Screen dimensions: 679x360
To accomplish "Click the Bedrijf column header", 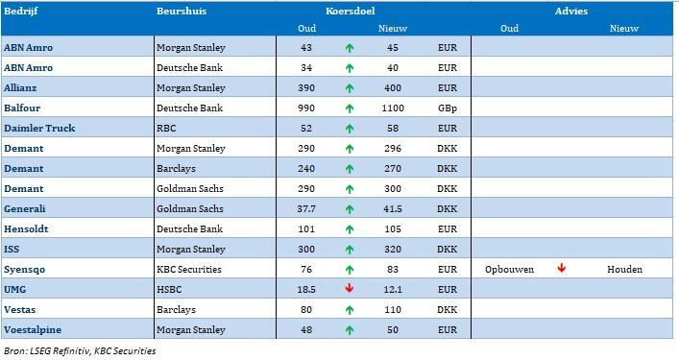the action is tap(21, 11).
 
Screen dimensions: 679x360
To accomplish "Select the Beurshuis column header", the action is tap(182, 11).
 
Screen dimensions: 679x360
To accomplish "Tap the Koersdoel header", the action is tap(351, 11).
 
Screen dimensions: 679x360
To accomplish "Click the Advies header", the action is tap(571, 11).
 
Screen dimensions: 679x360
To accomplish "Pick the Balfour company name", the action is tap(22, 108).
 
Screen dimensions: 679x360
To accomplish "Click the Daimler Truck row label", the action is tap(39, 128).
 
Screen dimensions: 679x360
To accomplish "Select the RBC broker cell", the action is tap(166, 128).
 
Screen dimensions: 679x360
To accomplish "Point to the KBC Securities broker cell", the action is tap(189, 269).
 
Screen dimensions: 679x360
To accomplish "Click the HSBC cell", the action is tap(169, 290).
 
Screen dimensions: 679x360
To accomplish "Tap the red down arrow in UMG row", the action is tap(349, 288).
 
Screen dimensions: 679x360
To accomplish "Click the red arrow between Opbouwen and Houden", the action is tap(562, 268).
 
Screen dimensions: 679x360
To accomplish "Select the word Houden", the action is tap(624, 269).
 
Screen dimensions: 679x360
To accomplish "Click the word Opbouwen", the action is tap(509, 269).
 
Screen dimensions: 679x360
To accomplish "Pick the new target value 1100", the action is tap(393, 108).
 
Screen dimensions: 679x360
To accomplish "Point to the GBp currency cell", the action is tap(448, 108).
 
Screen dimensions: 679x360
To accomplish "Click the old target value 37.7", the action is tap(306, 208).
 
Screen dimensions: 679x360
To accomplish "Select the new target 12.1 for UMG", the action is tap(393, 290).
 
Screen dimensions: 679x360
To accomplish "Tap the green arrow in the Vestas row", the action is tap(350, 310).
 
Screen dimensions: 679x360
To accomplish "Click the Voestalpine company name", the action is tap(33, 330).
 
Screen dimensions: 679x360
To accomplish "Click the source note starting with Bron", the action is tap(80, 351).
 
